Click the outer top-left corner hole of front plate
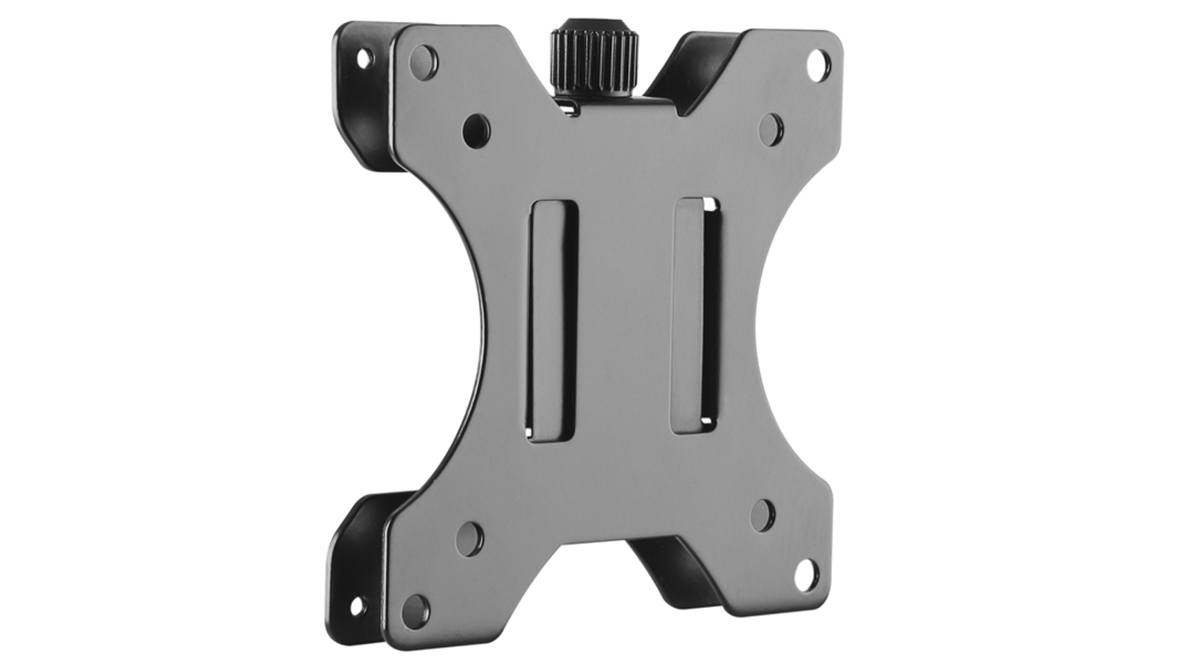(424, 60)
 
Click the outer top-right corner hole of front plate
(819, 63)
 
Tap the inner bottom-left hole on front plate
(469, 539)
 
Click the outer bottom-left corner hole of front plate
(416, 610)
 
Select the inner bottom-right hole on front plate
(763, 514)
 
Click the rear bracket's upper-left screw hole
(364, 58)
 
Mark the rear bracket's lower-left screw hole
(357, 607)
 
